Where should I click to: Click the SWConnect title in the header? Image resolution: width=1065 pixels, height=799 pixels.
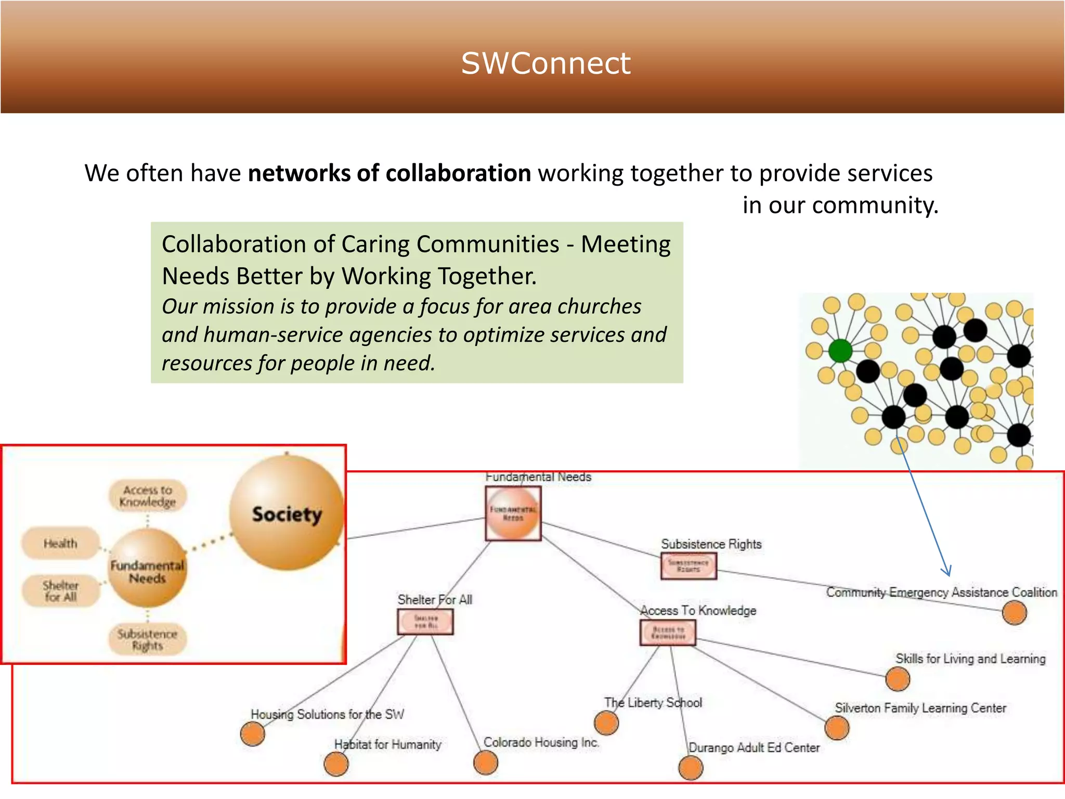[546, 63]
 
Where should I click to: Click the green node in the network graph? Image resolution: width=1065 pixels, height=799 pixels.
[840, 351]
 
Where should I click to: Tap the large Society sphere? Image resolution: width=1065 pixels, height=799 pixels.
[287, 513]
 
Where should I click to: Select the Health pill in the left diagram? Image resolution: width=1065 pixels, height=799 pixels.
[60, 543]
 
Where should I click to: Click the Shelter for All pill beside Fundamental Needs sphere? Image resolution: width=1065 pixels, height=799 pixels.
[60, 591]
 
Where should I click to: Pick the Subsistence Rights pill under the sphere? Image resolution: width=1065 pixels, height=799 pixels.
[147, 639]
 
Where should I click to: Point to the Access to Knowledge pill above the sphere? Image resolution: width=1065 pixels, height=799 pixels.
[147, 496]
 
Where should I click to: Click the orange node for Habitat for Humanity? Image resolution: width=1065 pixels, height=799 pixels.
[336, 764]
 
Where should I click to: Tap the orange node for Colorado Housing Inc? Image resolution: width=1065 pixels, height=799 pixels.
[486, 763]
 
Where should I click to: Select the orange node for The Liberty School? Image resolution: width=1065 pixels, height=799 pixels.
[606, 723]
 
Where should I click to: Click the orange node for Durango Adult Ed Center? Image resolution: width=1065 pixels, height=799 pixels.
[691, 768]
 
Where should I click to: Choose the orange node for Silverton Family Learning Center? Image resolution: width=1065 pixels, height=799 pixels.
[837, 728]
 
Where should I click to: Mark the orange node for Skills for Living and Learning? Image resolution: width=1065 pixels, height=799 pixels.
[898, 679]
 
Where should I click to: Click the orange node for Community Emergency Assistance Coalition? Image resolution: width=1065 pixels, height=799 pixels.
[1014, 612]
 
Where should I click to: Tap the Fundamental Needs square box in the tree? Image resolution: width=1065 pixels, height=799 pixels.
[513, 513]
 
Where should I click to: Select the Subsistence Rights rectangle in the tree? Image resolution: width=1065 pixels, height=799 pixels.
[689, 566]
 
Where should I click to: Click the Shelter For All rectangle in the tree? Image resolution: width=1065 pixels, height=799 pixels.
[425, 622]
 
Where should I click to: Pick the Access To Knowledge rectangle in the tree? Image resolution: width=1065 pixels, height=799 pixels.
[668, 633]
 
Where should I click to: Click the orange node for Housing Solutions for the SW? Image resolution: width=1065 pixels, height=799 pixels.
[253, 734]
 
